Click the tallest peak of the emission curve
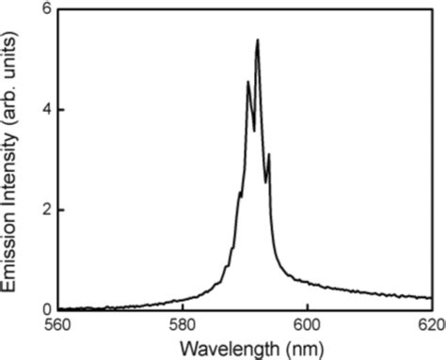coord(257,40)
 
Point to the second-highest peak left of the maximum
coord(248,82)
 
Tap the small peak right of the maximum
coord(269,154)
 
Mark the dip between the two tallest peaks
coord(253,131)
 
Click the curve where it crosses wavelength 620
coord(431,297)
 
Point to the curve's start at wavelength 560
coord(59,308)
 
